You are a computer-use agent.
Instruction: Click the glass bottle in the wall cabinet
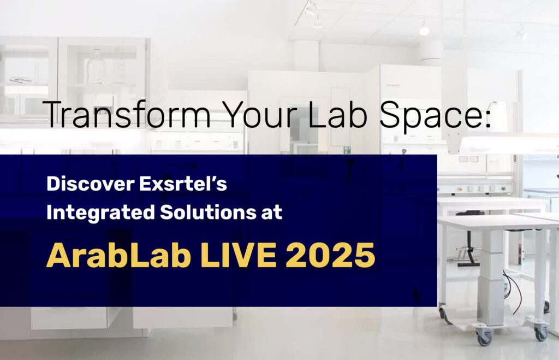point(97,67)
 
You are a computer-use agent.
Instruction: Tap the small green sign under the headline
point(347,149)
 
